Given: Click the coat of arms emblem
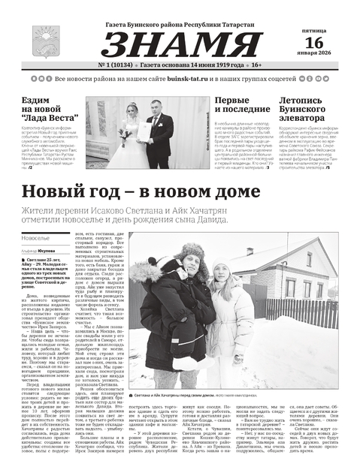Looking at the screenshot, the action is pyautogui.click(x=41, y=40).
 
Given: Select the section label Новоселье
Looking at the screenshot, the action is pyautogui.click(x=37, y=236).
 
